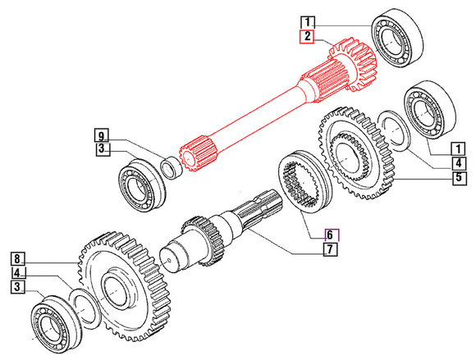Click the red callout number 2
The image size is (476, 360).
click(x=306, y=36)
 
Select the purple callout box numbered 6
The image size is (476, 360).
click(x=330, y=233)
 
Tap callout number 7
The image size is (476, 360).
click(x=330, y=248)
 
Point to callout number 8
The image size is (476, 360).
click(x=18, y=257)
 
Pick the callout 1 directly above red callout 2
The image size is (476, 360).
click(x=306, y=21)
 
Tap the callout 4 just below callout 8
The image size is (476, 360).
click(x=18, y=271)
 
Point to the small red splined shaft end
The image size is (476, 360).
click(x=197, y=153)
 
